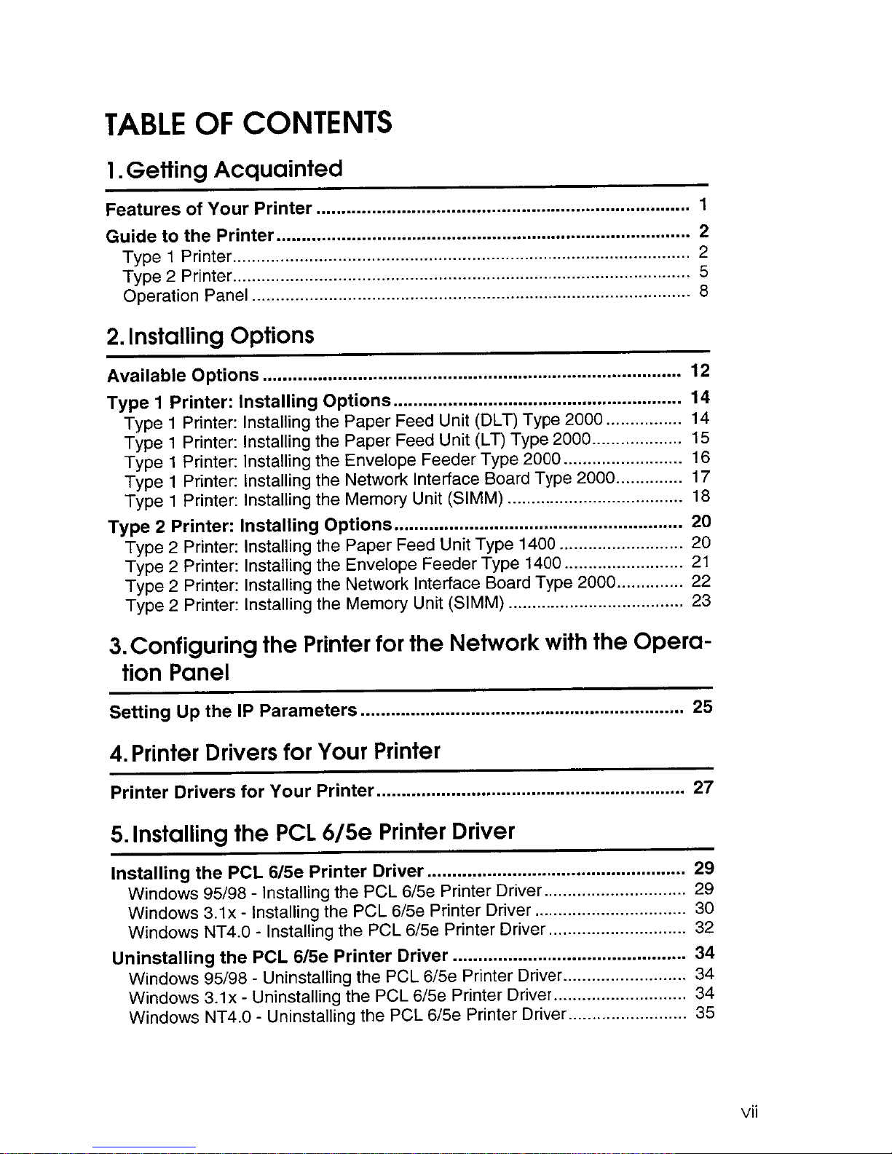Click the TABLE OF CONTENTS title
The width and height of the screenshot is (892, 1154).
(x=248, y=125)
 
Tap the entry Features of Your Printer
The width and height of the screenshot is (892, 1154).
(x=209, y=209)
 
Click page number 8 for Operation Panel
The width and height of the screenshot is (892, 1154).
(x=703, y=291)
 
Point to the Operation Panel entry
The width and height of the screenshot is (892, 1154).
(x=186, y=296)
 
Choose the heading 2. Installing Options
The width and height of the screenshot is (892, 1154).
(x=210, y=336)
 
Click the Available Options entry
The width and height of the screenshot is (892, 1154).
(x=183, y=376)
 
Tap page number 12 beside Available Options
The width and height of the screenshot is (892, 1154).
(x=700, y=371)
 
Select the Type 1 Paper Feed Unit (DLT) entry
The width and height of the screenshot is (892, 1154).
(x=364, y=422)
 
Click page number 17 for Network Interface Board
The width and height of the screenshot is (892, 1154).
(x=700, y=478)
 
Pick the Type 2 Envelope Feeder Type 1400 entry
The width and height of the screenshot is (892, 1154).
(x=343, y=565)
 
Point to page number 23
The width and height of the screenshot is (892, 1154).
(x=701, y=601)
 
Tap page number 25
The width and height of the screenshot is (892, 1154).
(x=703, y=706)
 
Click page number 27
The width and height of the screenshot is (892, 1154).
(x=703, y=787)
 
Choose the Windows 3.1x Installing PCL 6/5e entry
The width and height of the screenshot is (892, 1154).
(x=329, y=912)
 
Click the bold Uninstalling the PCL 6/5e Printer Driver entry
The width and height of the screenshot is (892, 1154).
(x=280, y=956)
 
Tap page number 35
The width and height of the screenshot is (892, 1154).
(x=705, y=1013)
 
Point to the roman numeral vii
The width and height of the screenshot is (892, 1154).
(x=749, y=1112)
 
